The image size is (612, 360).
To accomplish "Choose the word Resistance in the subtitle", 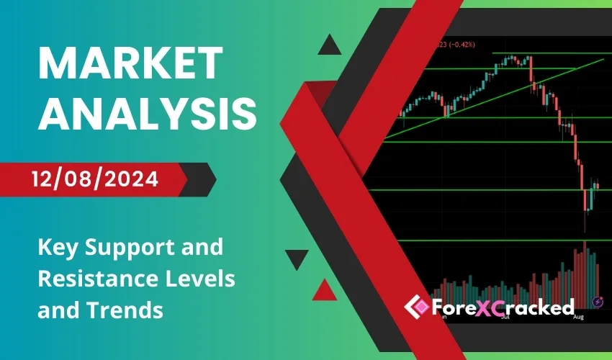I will (x=92, y=280).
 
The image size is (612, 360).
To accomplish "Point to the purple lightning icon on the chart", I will (x=597, y=300).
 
